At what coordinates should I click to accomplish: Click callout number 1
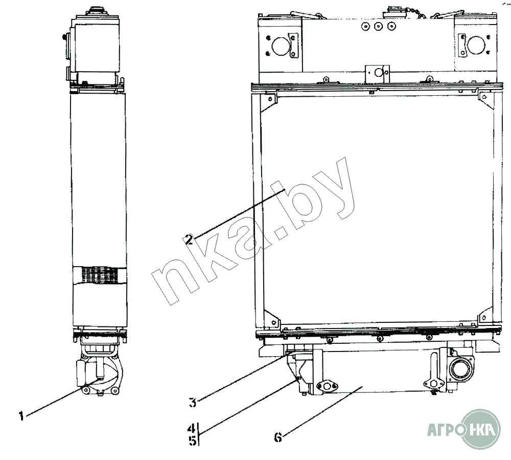click(21, 416)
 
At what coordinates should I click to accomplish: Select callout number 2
click(189, 239)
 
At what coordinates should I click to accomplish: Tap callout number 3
click(193, 402)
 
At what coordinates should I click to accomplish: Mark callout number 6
click(278, 437)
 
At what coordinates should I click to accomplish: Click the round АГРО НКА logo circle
click(481, 429)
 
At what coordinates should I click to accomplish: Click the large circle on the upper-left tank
click(280, 46)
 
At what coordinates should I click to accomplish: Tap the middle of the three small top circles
click(378, 27)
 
